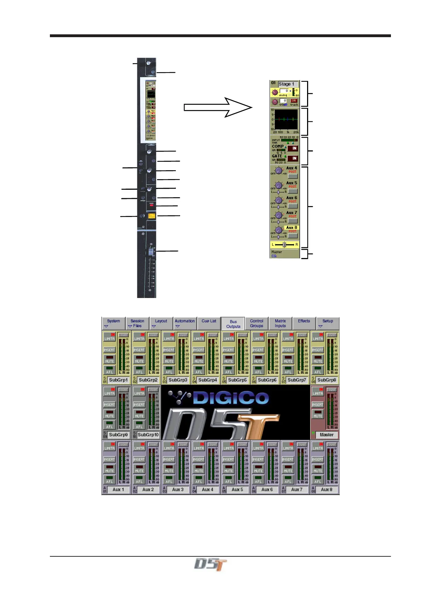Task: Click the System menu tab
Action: [x=114, y=323]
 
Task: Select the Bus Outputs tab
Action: [x=233, y=324]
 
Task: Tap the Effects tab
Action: [x=304, y=321]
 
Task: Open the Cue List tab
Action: [x=209, y=321]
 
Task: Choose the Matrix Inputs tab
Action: [x=280, y=323]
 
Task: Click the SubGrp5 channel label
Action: [x=237, y=380]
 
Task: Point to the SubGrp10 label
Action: [x=148, y=435]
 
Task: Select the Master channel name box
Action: [x=327, y=435]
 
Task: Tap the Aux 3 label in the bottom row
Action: [x=178, y=490]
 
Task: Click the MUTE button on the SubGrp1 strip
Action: [x=110, y=360]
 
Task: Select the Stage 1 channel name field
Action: [x=288, y=84]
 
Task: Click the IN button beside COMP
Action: [x=293, y=148]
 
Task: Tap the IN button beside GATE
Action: [x=293, y=158]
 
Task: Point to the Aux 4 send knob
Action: [x=279, y=171]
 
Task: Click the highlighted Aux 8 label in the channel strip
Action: [x=292, y=228]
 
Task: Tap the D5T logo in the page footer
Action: [x=210, y=564]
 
